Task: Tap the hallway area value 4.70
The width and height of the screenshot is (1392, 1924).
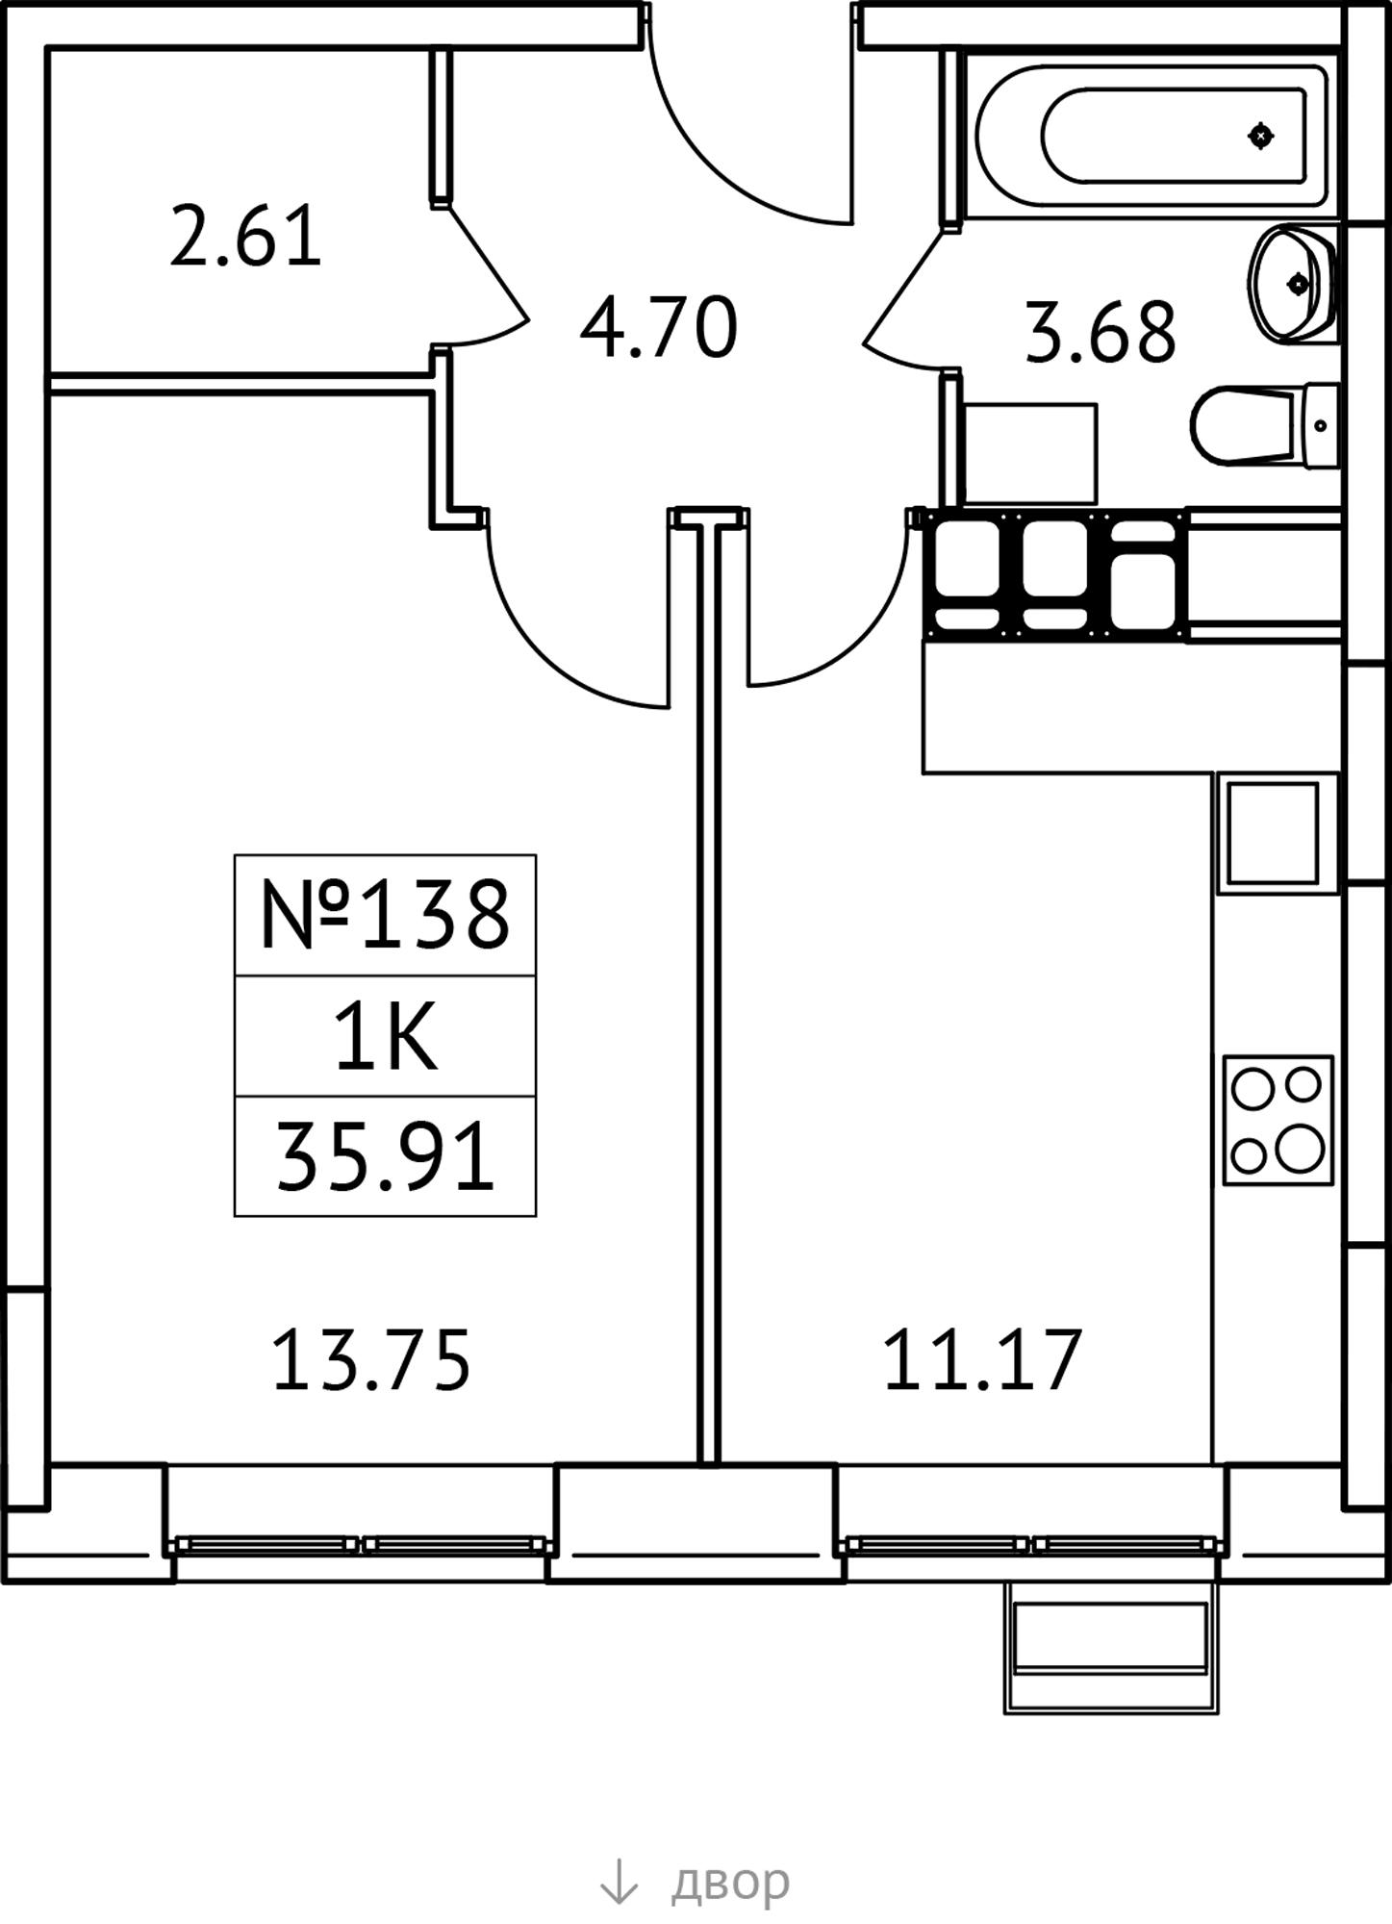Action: point(659,328)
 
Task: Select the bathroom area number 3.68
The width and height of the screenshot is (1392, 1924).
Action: point(1101,333)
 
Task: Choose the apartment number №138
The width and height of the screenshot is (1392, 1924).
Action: point(385,915)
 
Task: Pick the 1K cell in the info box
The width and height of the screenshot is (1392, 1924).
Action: point(386,1036)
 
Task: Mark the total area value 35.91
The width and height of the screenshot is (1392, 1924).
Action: point(385,1157)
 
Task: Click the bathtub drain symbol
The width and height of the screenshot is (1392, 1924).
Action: point(1261,137)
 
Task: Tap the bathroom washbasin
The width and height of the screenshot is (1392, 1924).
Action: point(1292,283)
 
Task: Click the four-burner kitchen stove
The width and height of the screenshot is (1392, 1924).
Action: point(1278,1120)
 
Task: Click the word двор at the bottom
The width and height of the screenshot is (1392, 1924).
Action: point(730,1883)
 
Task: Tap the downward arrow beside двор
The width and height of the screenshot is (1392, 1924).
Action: point(619,1881)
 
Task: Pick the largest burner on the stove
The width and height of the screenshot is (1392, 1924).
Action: point(1301,1147)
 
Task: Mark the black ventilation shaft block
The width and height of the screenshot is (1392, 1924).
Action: point(1055,574)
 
